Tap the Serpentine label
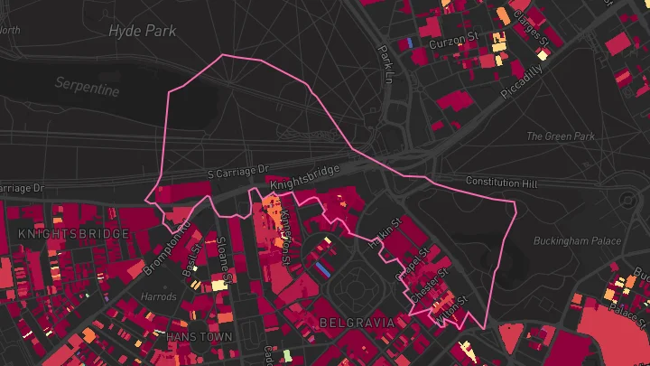pos(87,87)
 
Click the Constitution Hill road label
pos(501,183)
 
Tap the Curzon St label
pos(452,42)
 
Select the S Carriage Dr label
pos(238,171)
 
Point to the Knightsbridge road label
pos(304,177)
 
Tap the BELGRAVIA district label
pos(357,322)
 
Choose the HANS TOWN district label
pos(199,336)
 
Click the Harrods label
pos(159,296)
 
